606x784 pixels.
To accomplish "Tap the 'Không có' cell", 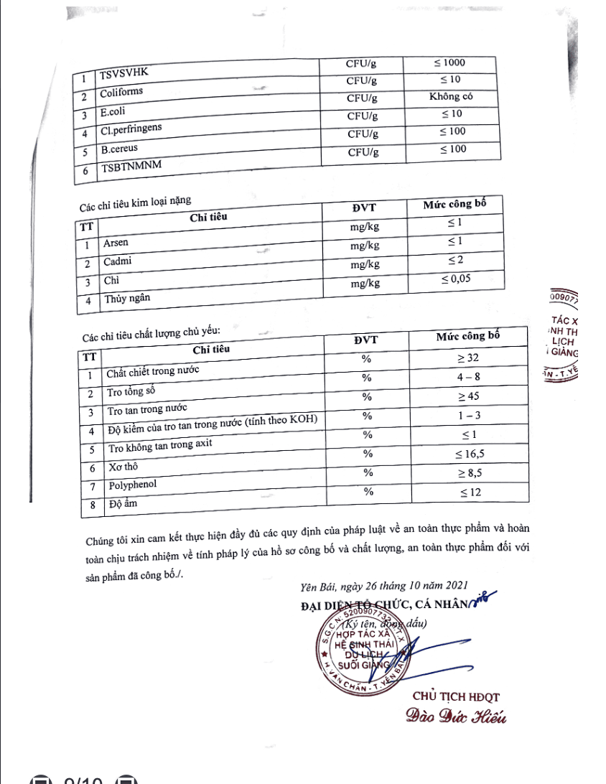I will click(x=451, y=96).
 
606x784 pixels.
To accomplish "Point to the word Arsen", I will click(x=116, y=243).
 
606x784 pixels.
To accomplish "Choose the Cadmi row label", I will click(x=118, y=262).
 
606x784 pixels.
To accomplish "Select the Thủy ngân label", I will click(x=128, y=298).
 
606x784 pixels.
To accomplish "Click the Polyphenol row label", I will click(x=133, y=485).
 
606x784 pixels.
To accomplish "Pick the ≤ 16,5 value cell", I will click(x=470, y=454).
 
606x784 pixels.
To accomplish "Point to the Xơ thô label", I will click(x=123, y=467).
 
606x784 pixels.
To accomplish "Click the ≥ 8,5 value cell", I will click(x=470, y=473).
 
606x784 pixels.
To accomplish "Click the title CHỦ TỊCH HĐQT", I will click(x=456, y=696).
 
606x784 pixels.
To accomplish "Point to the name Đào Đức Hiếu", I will click(x=456, y=716).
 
